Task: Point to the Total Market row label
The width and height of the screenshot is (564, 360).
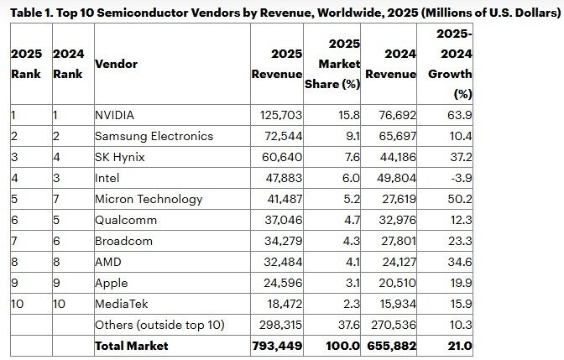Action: pyautogui.click(x=132, y=346)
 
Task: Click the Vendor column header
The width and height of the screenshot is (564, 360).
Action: pyautogui.click(x=117, y=64)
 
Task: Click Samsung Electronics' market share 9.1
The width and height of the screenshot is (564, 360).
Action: pyautogui.click(x=350, y=136)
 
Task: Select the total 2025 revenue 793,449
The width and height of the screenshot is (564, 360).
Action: pyautogui.click(x=277, y=346)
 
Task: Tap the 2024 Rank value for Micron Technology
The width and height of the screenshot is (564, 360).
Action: pyautogui.click(x=56, y=199)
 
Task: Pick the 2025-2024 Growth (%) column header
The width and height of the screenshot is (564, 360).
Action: pyautogui.click(x=450, y=64)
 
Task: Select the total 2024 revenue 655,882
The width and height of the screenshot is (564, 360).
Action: pyautogui.click(x=391, y=346)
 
